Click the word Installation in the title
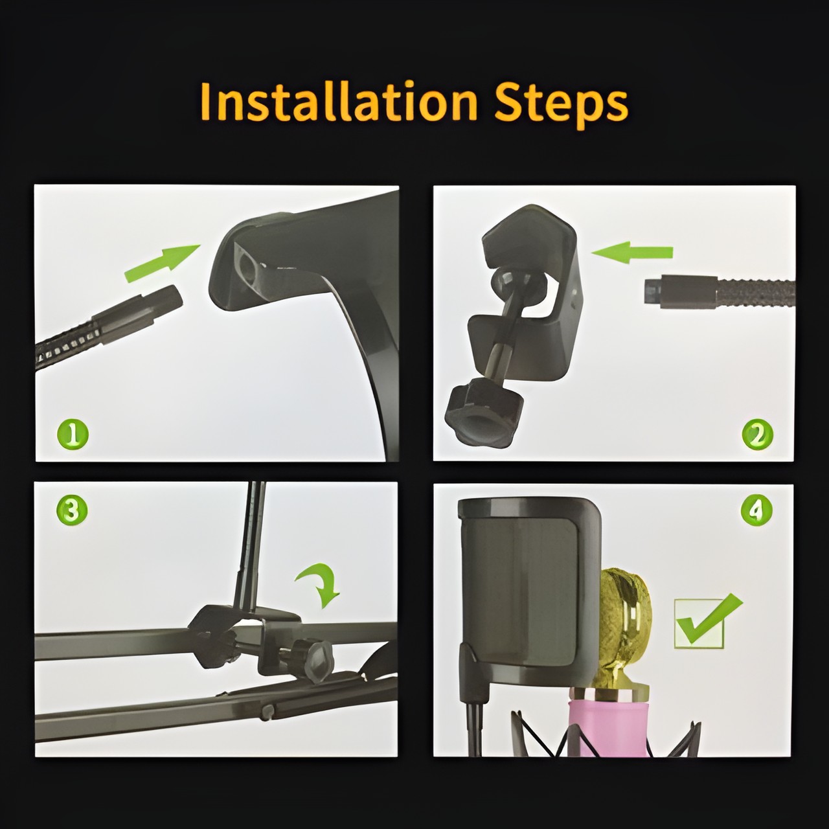(339, 103)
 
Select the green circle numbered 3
(72, 510)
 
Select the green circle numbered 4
(756, 510)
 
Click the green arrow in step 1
(162, 263)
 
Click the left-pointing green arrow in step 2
(632, 252)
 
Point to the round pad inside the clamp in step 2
(518, 280)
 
